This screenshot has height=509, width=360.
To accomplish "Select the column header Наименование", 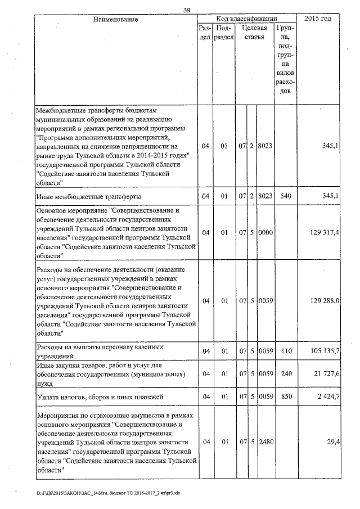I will tap(115, 20).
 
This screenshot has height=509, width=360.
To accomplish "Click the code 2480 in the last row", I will tap(265, 443).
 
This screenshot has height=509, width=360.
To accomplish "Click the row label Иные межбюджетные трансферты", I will tap(88, 196).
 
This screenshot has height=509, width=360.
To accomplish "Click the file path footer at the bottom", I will tap(107, 493).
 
